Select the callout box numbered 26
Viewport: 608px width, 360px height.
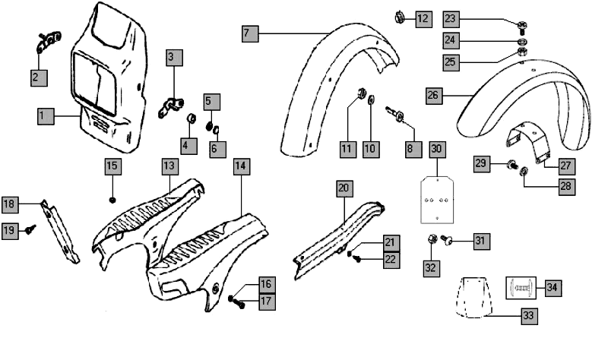(x=432, y=96)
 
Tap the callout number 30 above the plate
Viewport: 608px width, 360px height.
(x=436, y=150)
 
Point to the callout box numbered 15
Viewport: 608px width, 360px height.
(x=112, y=166)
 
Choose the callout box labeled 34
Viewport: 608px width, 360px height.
(x=552, y=288)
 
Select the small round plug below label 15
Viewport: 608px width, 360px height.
(x=112, y=200)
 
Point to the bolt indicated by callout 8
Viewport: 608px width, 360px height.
(x=397, y=115)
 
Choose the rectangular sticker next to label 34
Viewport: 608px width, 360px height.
(x=521, y=288)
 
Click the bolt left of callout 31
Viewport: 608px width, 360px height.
(x=447, y=242)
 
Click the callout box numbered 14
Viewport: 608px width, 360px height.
(x=241, y=166)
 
